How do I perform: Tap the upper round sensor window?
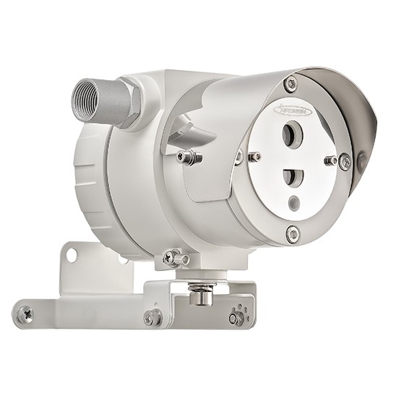[292, 132]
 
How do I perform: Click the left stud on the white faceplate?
[254, 156]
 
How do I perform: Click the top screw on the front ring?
[290, 84]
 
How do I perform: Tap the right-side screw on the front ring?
[345, 162]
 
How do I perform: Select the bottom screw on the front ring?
[292, 233]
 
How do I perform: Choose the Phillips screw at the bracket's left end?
[25, 313]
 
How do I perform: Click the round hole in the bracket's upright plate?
[71, 255]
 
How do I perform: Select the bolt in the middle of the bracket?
[153, 316]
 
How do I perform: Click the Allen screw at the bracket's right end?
[236, 317]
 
